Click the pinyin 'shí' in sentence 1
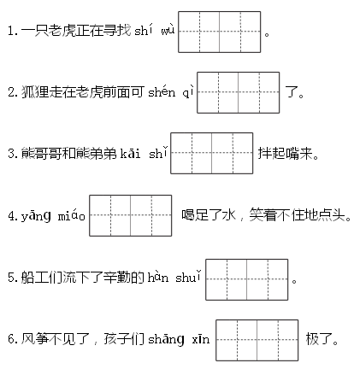coord(144,31)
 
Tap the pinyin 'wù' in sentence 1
coord(168,31)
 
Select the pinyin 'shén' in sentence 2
coord(162,91)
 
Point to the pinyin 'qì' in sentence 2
coord(188,92)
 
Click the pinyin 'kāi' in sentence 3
coord(130,153)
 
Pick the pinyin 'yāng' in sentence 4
coord(36,216)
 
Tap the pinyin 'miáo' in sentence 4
coord(71,216)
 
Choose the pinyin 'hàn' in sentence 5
coord(158,277)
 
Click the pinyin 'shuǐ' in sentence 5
coord(188,277)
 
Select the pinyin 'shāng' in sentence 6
coord(166,339)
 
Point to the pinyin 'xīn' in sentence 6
coord(201,339)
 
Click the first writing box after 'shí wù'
coord(199,32)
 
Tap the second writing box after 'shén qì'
coord(259,92)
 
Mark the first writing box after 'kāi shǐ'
coord(192,153)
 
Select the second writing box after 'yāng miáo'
coord(151,215)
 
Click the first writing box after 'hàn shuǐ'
coord(227,279)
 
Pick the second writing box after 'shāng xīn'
coord(278,340)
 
